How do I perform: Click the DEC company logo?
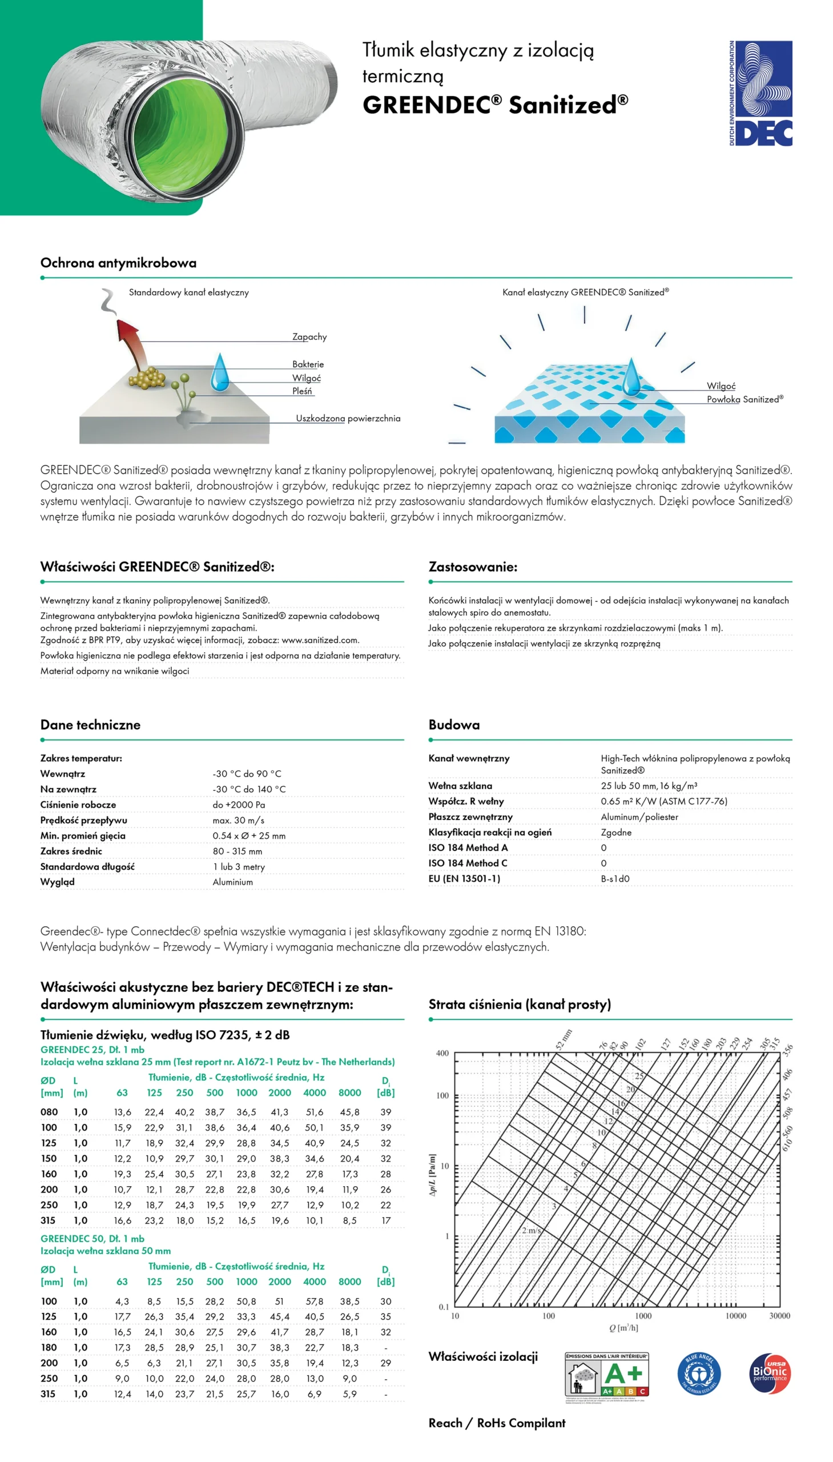coord(760,93)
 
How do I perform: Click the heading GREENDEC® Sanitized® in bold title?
coord(495,105)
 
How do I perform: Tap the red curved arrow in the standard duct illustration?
coord(131,343)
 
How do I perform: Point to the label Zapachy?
coord(309,336)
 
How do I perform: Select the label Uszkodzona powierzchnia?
coord(348,418)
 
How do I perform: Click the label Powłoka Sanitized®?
coord(745,399)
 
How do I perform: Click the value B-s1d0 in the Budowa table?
coord(615,878)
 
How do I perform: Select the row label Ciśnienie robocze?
coord(78,805)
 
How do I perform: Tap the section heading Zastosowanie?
coord(473,567)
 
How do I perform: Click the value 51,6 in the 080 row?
coord(314,1112)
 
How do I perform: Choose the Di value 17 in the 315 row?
coord(386,1220)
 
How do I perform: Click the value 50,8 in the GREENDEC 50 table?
coord(246,1301)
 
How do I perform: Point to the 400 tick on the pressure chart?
coord(442,1054)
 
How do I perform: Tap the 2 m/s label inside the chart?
coord(531,1231)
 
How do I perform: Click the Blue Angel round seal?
coord(699,1374)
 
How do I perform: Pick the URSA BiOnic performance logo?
coord(770,1373)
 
